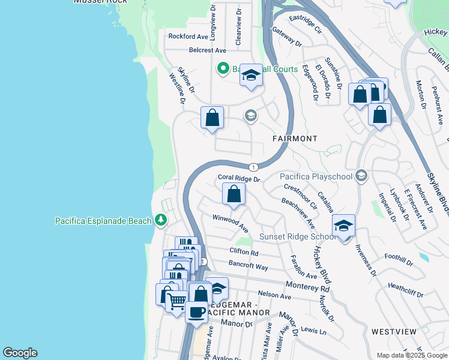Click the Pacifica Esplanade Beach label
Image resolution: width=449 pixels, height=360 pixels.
103,221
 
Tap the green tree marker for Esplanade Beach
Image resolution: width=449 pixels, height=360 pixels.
160,221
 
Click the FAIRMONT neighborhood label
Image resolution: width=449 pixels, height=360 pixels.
295,139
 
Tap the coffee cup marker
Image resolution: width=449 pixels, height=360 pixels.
196,312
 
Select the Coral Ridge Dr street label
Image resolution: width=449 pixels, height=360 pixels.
239,178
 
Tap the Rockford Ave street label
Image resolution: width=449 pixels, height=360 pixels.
187,37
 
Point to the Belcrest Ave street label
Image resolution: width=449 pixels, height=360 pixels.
207,50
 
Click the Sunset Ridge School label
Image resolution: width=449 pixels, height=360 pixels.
297,236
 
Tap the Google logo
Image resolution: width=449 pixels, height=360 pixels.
20,353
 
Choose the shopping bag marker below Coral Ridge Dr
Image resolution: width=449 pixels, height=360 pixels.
234,195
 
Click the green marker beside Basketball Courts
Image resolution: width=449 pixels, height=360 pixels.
223,69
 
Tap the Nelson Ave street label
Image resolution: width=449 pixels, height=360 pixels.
274,295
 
